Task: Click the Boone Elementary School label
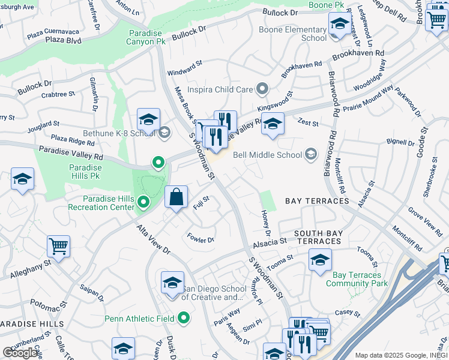point(292,34)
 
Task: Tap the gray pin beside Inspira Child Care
point(261,89)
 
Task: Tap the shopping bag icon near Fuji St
point(176,197)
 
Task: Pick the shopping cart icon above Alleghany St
point(58,245)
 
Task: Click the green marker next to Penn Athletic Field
point(184,318)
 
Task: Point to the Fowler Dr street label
point(200,238)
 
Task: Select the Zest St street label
point(307,122)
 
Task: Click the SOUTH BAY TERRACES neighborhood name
point(318,237)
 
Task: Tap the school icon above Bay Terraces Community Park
point(320,260)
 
